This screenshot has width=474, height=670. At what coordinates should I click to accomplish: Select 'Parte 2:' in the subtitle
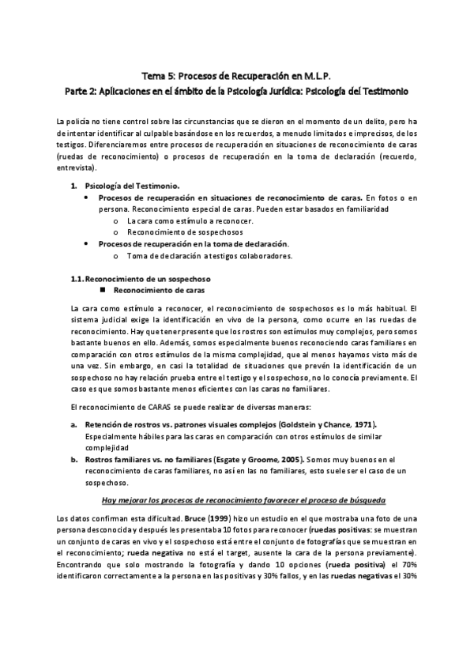coord(82,92)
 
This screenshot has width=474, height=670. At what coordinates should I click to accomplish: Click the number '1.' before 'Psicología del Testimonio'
coord(73,186)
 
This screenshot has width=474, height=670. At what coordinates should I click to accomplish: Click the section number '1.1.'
coord(77,279)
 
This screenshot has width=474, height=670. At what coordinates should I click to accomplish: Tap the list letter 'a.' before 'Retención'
coord(73,424)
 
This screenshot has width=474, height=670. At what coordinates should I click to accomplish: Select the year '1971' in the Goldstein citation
coord(359,424)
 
